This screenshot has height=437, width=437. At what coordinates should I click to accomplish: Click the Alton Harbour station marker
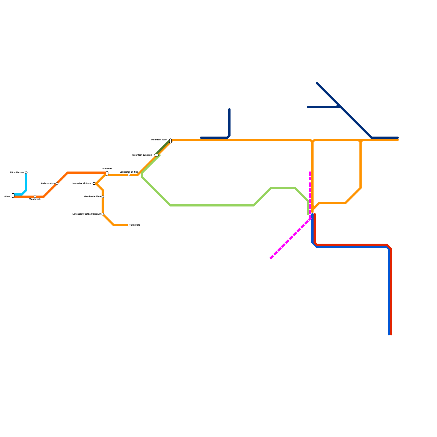coord(26,173)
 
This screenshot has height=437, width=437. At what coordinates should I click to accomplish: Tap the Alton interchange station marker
coord(13,196)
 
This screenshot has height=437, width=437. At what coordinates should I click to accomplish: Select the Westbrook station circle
coord(35,197)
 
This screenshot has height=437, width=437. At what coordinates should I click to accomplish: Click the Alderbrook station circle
coord(57,184)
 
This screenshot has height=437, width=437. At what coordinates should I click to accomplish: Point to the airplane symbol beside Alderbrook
coord(54,184)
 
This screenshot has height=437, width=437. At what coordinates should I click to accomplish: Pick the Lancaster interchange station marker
coord(107,174)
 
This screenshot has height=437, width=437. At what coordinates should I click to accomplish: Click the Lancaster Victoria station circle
coord(94,184)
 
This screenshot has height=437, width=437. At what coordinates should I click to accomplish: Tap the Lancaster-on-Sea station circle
coord(129,175)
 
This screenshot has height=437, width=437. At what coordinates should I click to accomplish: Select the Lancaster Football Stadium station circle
coord(103,214)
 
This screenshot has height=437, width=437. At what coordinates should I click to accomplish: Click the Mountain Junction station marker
coord(156,155)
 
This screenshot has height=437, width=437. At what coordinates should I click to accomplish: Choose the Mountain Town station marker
coord(170,141)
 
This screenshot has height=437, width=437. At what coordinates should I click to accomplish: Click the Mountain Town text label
coord(159,140)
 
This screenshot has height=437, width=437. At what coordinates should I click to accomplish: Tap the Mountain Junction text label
coord(142,155)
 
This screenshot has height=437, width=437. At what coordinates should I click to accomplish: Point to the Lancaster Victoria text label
coord(81,184)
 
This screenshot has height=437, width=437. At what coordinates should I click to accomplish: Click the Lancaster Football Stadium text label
coord(87,214)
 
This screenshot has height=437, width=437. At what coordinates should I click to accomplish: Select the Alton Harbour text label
coord(17,173)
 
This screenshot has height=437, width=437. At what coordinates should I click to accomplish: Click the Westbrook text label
coord(35,199)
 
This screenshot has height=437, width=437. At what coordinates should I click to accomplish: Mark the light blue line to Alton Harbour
coord(26,182)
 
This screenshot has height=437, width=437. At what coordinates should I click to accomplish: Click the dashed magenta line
coord(290,239)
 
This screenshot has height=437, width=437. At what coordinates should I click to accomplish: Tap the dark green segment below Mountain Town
coord(163,148)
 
